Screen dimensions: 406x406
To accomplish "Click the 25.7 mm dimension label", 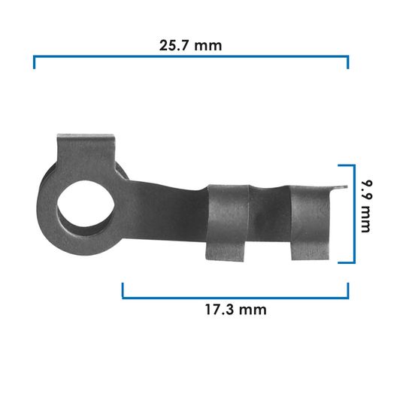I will (x=191, y=45).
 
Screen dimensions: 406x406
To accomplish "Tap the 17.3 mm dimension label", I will (x=235, y=309).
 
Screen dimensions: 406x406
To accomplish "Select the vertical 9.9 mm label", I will (x=365, y=206).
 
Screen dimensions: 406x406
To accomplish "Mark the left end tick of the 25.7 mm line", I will (x=35, y=62).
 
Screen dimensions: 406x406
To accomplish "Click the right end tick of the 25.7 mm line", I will (x=347, y=62).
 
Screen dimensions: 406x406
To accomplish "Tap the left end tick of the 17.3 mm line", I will (x=123, y=290).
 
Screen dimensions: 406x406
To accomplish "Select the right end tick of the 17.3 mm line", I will (x=347, y=290).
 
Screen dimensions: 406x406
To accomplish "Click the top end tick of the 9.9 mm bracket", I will (x=344, y=165).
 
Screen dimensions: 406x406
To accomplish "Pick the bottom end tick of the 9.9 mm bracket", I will (x=344, y=262).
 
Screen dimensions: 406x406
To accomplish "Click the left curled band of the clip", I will (x=228, y=222).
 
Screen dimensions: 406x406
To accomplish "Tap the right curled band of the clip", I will (x=310, y=222).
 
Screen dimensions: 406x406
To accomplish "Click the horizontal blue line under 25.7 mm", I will (x=191, y=56).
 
